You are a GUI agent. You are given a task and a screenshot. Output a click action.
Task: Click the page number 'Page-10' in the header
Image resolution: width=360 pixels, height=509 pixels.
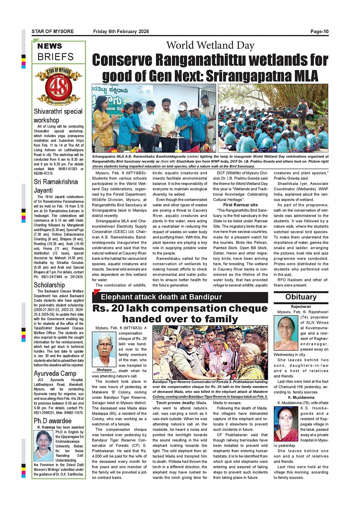click(x=319, y=32)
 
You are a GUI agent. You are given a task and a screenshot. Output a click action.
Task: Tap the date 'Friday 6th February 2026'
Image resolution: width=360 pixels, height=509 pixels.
click(x=121, y=32)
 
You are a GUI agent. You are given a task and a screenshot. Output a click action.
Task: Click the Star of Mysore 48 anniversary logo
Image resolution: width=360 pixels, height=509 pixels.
click(x=59, y=86)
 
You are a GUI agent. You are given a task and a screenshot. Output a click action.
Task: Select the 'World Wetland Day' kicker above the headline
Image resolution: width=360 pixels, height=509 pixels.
click(x=210, y=46)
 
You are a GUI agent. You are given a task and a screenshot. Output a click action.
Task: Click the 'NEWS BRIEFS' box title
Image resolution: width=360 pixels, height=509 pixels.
click(x=55, y=52)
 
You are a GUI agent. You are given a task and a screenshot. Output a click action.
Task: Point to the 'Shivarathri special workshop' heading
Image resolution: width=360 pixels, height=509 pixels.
click(x=58, y=116)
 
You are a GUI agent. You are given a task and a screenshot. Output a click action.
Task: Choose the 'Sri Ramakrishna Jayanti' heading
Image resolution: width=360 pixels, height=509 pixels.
click(x=56, y=186)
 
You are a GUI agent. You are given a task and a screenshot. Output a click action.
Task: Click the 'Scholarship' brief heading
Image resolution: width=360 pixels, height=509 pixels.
click(x=49, y=285)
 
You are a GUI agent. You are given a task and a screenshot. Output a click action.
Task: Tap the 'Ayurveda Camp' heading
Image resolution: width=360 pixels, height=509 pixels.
click(x=55, y=373)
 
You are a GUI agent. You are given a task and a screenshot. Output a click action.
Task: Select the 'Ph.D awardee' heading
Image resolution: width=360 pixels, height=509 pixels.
click(x=53, y=421)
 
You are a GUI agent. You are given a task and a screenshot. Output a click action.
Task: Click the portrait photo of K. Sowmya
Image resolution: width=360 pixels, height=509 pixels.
click(x=43, y=445)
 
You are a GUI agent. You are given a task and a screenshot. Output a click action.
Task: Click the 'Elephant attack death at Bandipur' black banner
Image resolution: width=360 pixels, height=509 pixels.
click(x=161, y=297)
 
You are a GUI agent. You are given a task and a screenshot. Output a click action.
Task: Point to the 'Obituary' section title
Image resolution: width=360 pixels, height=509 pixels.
click(x=301, y=297)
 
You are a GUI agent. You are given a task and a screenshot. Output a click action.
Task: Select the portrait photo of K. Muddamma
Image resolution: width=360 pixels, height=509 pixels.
click(x=286, y=424)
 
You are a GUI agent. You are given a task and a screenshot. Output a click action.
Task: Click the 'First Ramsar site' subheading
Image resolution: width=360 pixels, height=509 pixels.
click(x=240, y=205)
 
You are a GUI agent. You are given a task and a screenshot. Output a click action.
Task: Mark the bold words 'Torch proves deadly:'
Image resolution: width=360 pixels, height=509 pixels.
click(x=176, y=403)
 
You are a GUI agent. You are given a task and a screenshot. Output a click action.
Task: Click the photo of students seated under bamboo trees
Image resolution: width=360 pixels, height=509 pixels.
click(x=273, y=118)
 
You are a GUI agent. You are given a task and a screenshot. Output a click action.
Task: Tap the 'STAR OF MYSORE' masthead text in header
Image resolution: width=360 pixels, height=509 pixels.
click(x=53, y=32)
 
